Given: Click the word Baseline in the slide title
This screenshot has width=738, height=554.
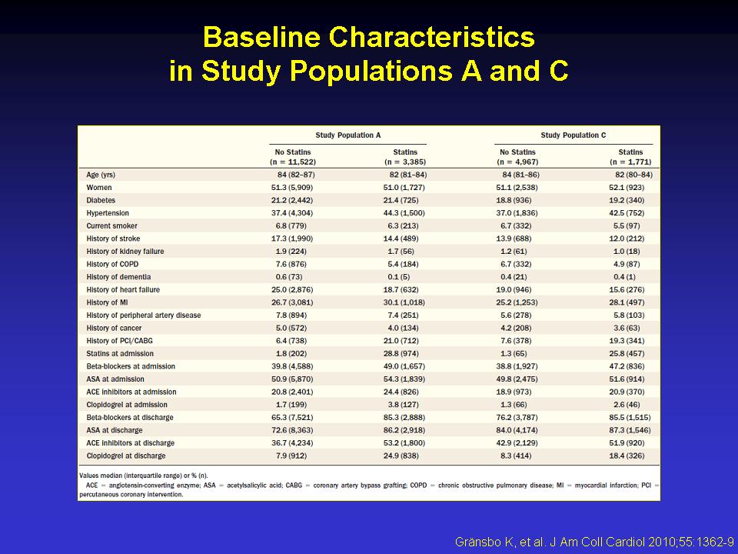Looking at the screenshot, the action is click(261, 37).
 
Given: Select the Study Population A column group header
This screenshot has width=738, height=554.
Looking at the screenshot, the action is click(347, 135).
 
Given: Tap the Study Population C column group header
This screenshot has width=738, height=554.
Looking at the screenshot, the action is click(573, 135).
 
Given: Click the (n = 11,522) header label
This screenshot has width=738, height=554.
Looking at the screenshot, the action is click(293, 162).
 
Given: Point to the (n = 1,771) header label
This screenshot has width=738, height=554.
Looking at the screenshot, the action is click(630, 162).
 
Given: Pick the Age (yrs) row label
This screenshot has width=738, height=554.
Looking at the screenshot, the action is click(101, 175).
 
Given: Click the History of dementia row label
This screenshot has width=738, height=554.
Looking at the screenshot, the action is click(118, 277).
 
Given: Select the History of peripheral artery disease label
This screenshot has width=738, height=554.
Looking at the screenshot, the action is click(144, 315).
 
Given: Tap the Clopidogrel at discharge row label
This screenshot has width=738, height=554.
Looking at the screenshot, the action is click(126, 456).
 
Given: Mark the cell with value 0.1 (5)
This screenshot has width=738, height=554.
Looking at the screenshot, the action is click(401, 277).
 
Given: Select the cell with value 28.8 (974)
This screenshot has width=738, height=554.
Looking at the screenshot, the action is click(401, 353).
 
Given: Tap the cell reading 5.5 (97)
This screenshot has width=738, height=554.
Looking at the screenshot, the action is click(627, 225).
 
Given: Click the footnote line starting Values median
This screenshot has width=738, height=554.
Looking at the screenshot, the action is click(144, 476).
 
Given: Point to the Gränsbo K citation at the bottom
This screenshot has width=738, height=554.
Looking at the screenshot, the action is click(594, 542).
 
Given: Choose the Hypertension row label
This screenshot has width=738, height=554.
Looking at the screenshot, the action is click(108, 213).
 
